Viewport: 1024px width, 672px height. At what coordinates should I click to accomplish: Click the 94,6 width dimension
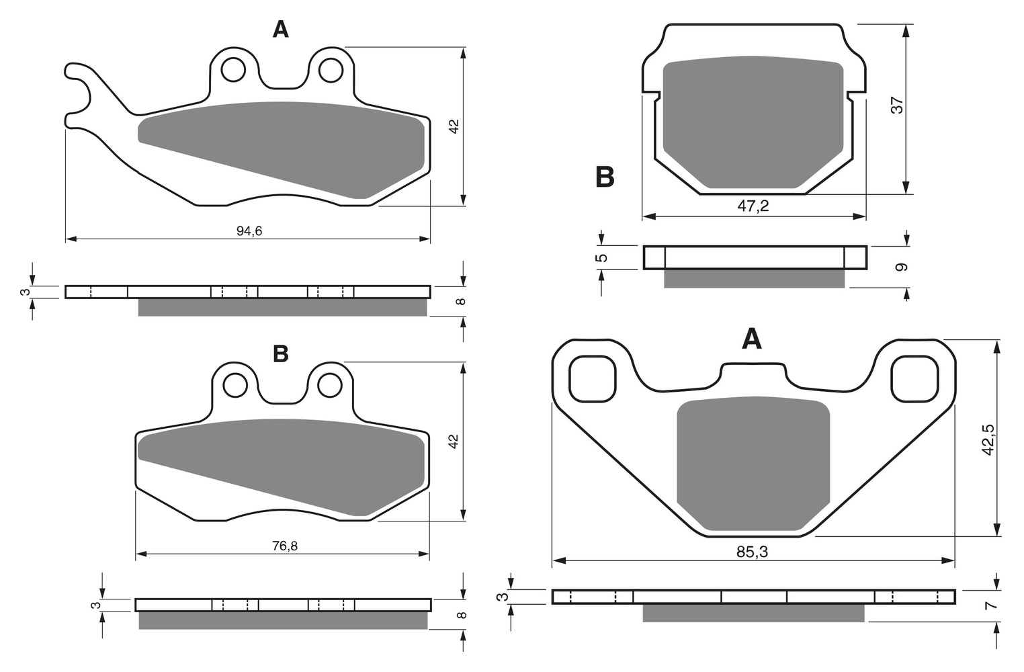249,231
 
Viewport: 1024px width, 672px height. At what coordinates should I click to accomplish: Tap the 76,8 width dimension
285,546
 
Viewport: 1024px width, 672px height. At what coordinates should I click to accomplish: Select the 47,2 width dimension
753,206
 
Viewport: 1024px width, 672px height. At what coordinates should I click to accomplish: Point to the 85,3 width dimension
753,552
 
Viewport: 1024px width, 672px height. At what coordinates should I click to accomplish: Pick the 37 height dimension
898,106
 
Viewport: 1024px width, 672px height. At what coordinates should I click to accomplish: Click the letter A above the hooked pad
281,30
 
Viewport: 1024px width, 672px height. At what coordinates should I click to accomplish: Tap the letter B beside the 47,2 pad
605,177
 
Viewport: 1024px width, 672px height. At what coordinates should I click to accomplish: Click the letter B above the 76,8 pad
281,353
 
